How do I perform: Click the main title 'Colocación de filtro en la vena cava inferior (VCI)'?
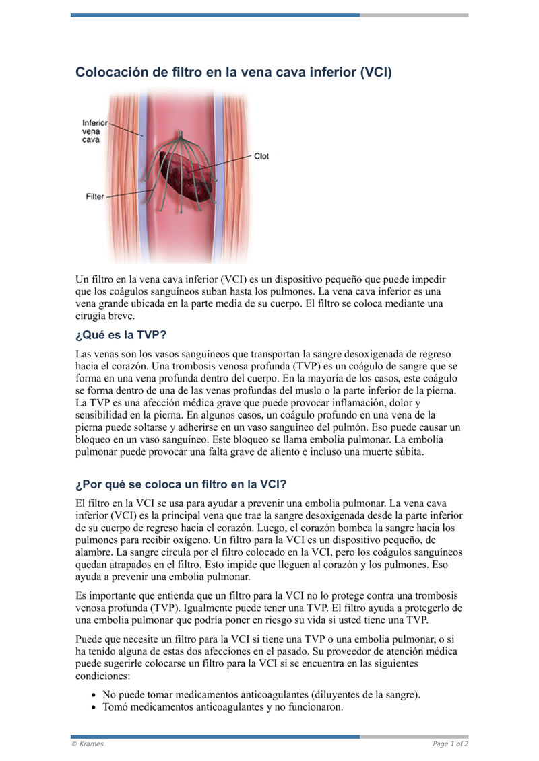click(x=233, y=72)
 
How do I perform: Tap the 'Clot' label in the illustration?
click(x=261, y=156)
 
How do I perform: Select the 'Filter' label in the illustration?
click(x=95, y=196)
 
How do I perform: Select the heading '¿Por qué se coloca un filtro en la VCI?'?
click(x=181, y=484)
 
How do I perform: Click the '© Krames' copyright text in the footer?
click(x=88, y=744)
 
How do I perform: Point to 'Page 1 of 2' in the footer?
click(x=450, y=744)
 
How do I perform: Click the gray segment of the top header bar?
click(x=414, y=15)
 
